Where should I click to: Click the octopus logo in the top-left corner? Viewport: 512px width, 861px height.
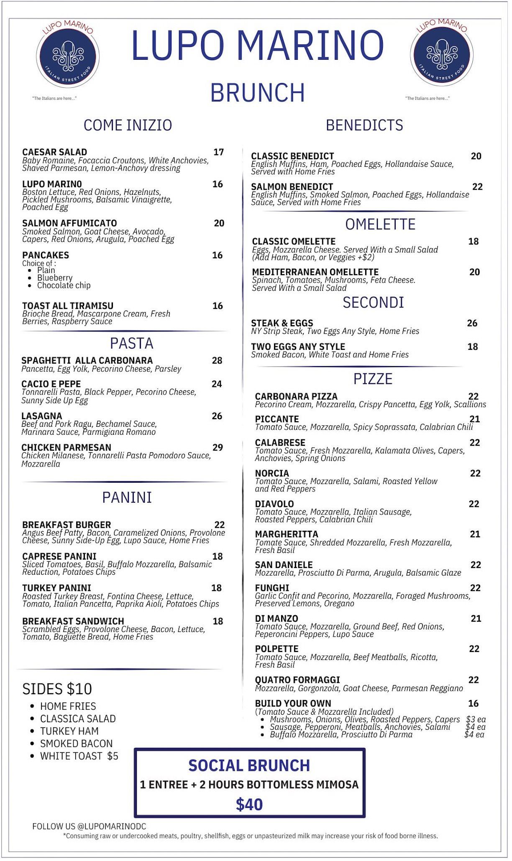[x=67, y=56]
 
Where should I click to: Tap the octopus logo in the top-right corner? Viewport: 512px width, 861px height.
[x=441, y=55]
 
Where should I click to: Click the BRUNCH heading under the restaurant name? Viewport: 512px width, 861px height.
[x=257, y=93]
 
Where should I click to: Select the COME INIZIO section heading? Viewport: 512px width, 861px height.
[x=128, y=125]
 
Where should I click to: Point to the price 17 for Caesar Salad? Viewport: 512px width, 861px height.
[x=218, y=152]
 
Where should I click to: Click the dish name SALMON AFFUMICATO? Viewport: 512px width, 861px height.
[x=69, y=223]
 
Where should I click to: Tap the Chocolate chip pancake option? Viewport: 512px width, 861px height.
[x=64, y=285]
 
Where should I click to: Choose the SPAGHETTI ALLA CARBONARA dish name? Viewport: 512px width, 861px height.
[x=87, y=360]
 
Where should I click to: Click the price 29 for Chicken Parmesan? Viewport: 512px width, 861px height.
[x=218, y=447]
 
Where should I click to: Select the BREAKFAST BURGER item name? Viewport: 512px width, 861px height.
[x=67, y=525]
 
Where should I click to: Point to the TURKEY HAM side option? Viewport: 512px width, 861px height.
[x=69, y=731]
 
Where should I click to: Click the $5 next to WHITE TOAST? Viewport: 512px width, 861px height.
[x=113, y=756]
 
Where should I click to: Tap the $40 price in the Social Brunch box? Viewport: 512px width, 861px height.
[x=249, y=805]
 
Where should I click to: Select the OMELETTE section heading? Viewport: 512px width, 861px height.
[x=380, y=224]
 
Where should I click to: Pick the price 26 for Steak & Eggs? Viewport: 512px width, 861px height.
[x=472, y=323]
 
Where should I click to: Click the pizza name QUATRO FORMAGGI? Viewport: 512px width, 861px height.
[x=297, y=680]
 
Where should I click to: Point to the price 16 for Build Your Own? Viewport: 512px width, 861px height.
[x=473, y=703]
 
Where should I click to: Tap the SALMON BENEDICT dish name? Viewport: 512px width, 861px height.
[x=292, y=187]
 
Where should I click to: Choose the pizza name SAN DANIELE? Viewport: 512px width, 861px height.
[x=284, y=565]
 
